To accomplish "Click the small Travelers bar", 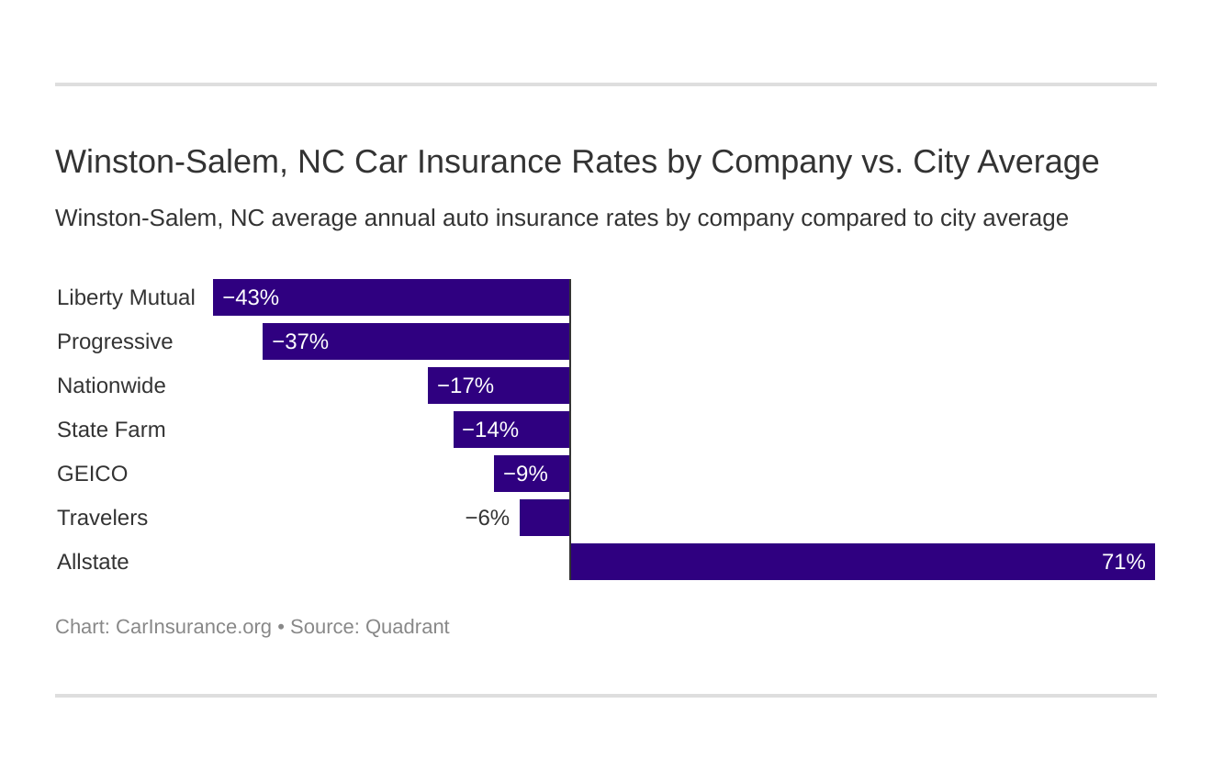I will pos(544,518).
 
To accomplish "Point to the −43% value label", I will pos(251,297).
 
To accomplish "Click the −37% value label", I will pos(300,341).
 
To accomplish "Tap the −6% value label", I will pos(487,518).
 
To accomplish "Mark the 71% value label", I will pos(1123,562).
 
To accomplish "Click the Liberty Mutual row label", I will pos(126,297).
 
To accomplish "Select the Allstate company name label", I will pos(93,562).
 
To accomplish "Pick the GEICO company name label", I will pos(92,474).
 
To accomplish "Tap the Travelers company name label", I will pos(102,518).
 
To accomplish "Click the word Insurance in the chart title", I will pos(490,162).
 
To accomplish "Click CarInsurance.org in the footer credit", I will pos(193,627).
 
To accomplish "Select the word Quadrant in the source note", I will pos(407,627).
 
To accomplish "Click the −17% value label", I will pos(466,385).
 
